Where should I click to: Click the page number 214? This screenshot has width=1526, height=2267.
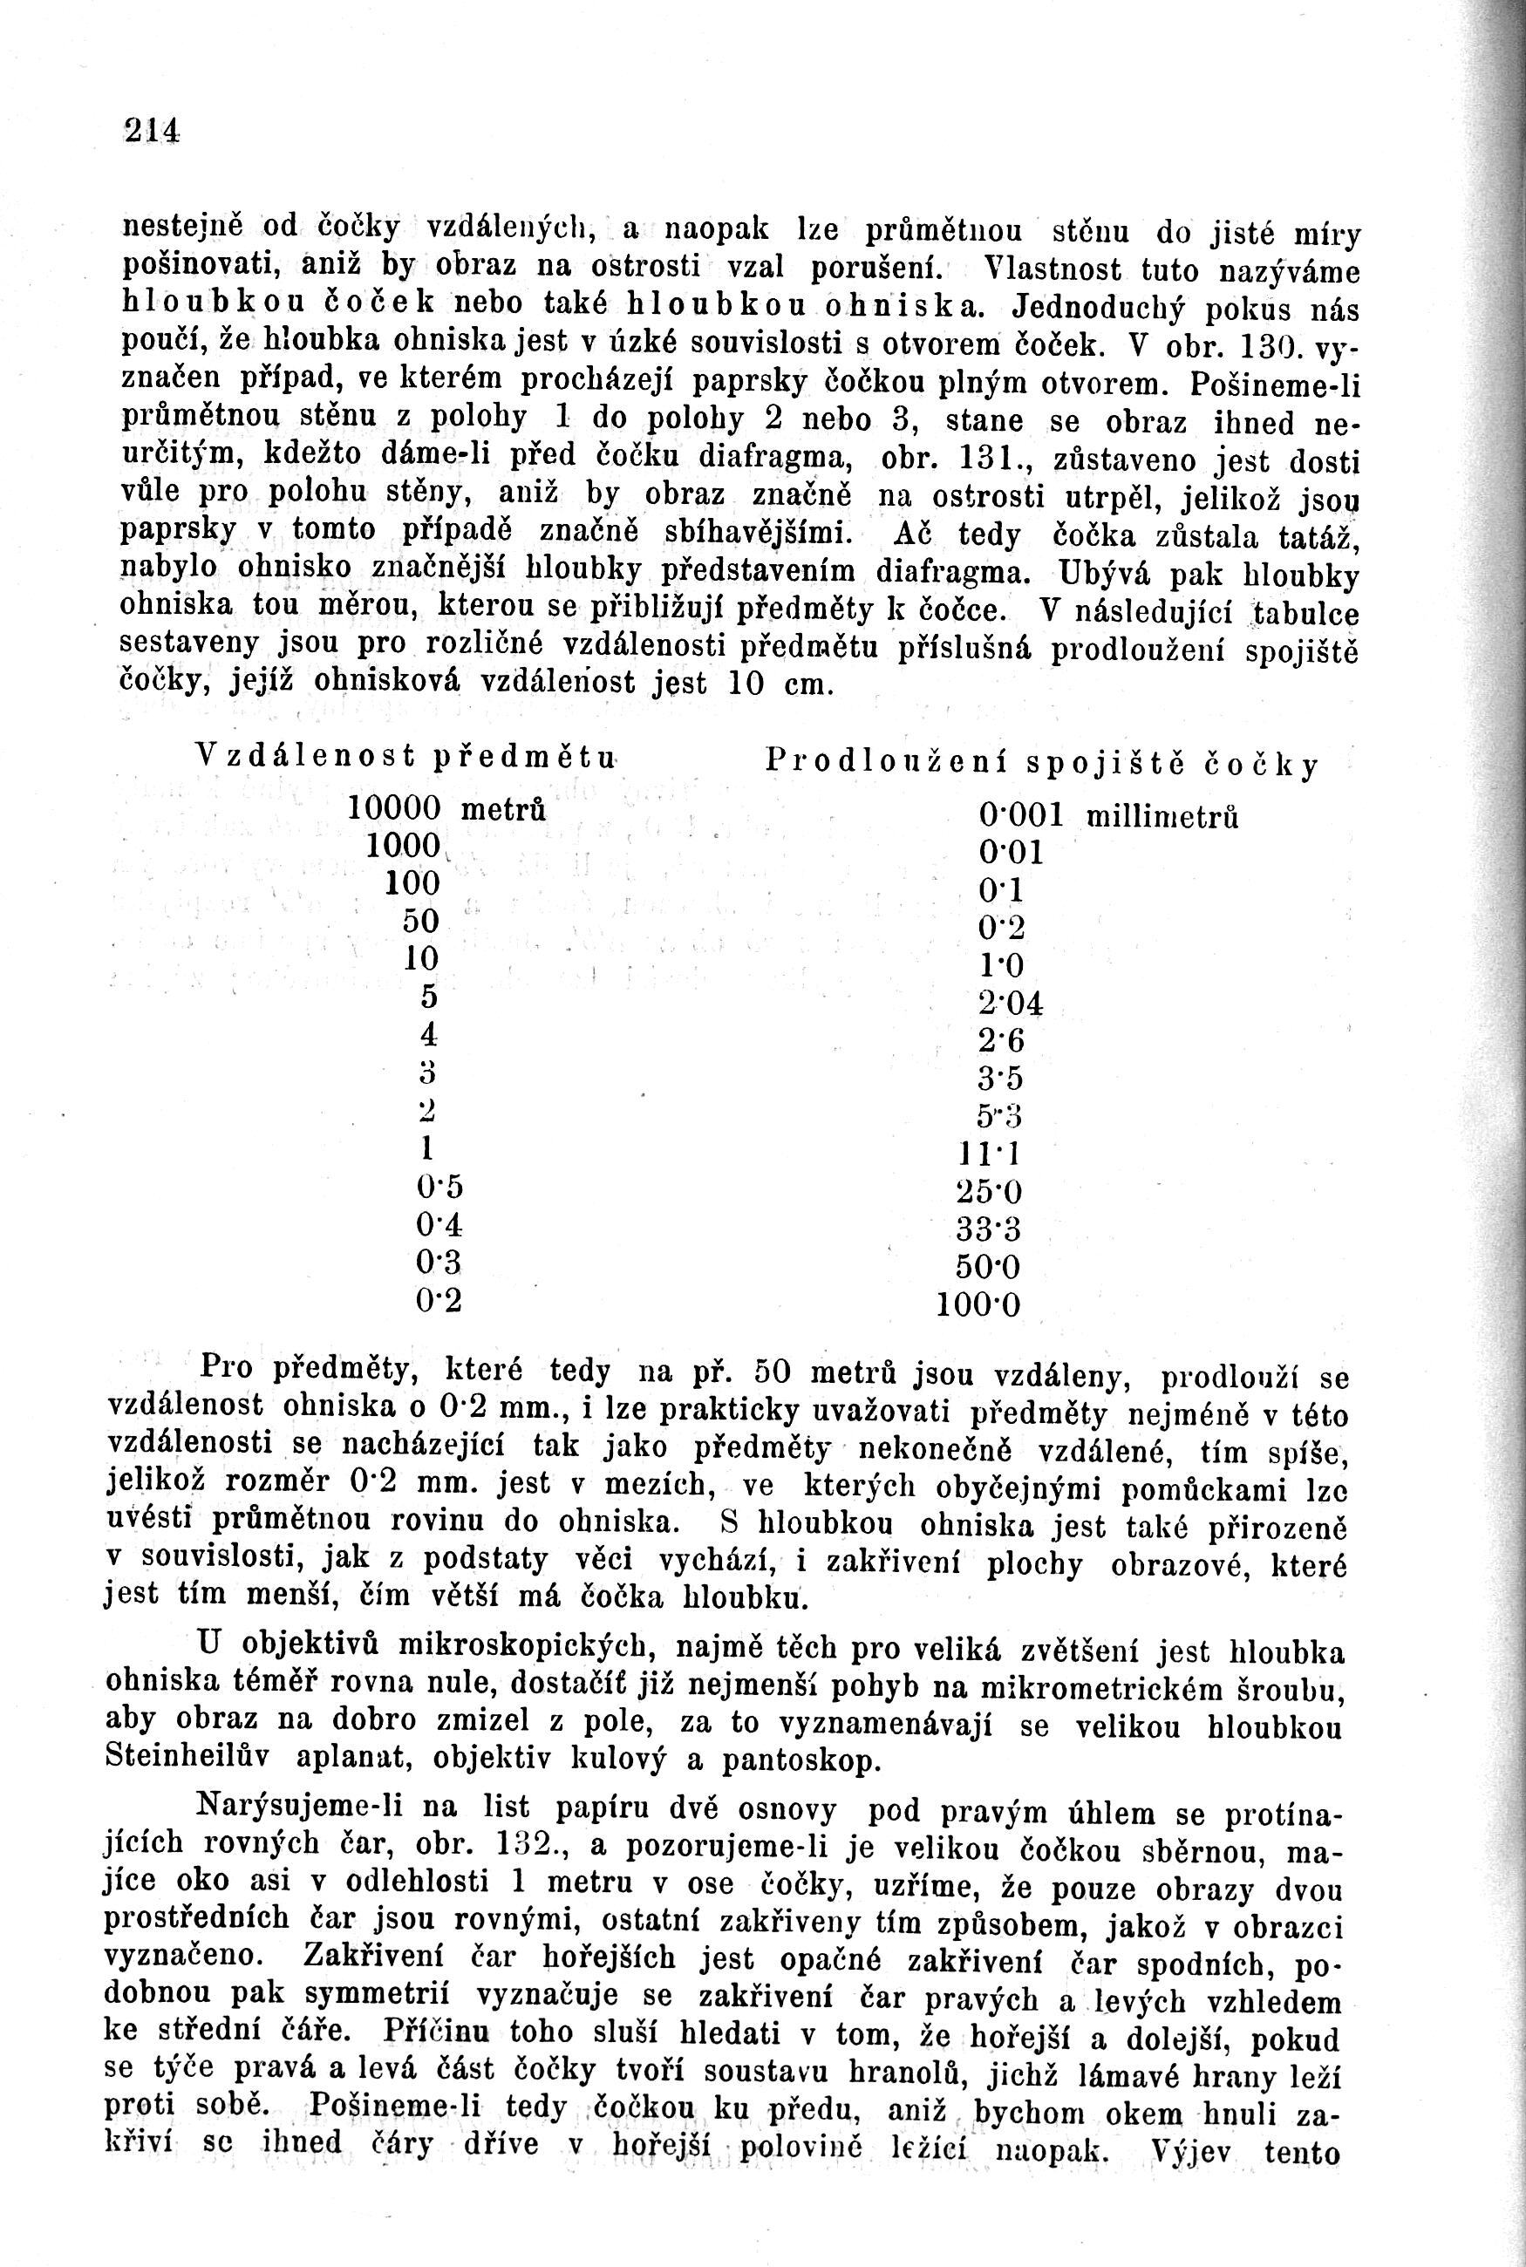(153, 128)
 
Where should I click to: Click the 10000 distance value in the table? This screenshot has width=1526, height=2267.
(395, 807)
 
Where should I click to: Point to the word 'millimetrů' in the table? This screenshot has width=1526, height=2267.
(1161, 817)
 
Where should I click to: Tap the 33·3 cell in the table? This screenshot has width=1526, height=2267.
(988, 1229)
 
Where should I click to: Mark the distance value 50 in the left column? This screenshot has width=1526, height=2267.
(422, 921)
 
